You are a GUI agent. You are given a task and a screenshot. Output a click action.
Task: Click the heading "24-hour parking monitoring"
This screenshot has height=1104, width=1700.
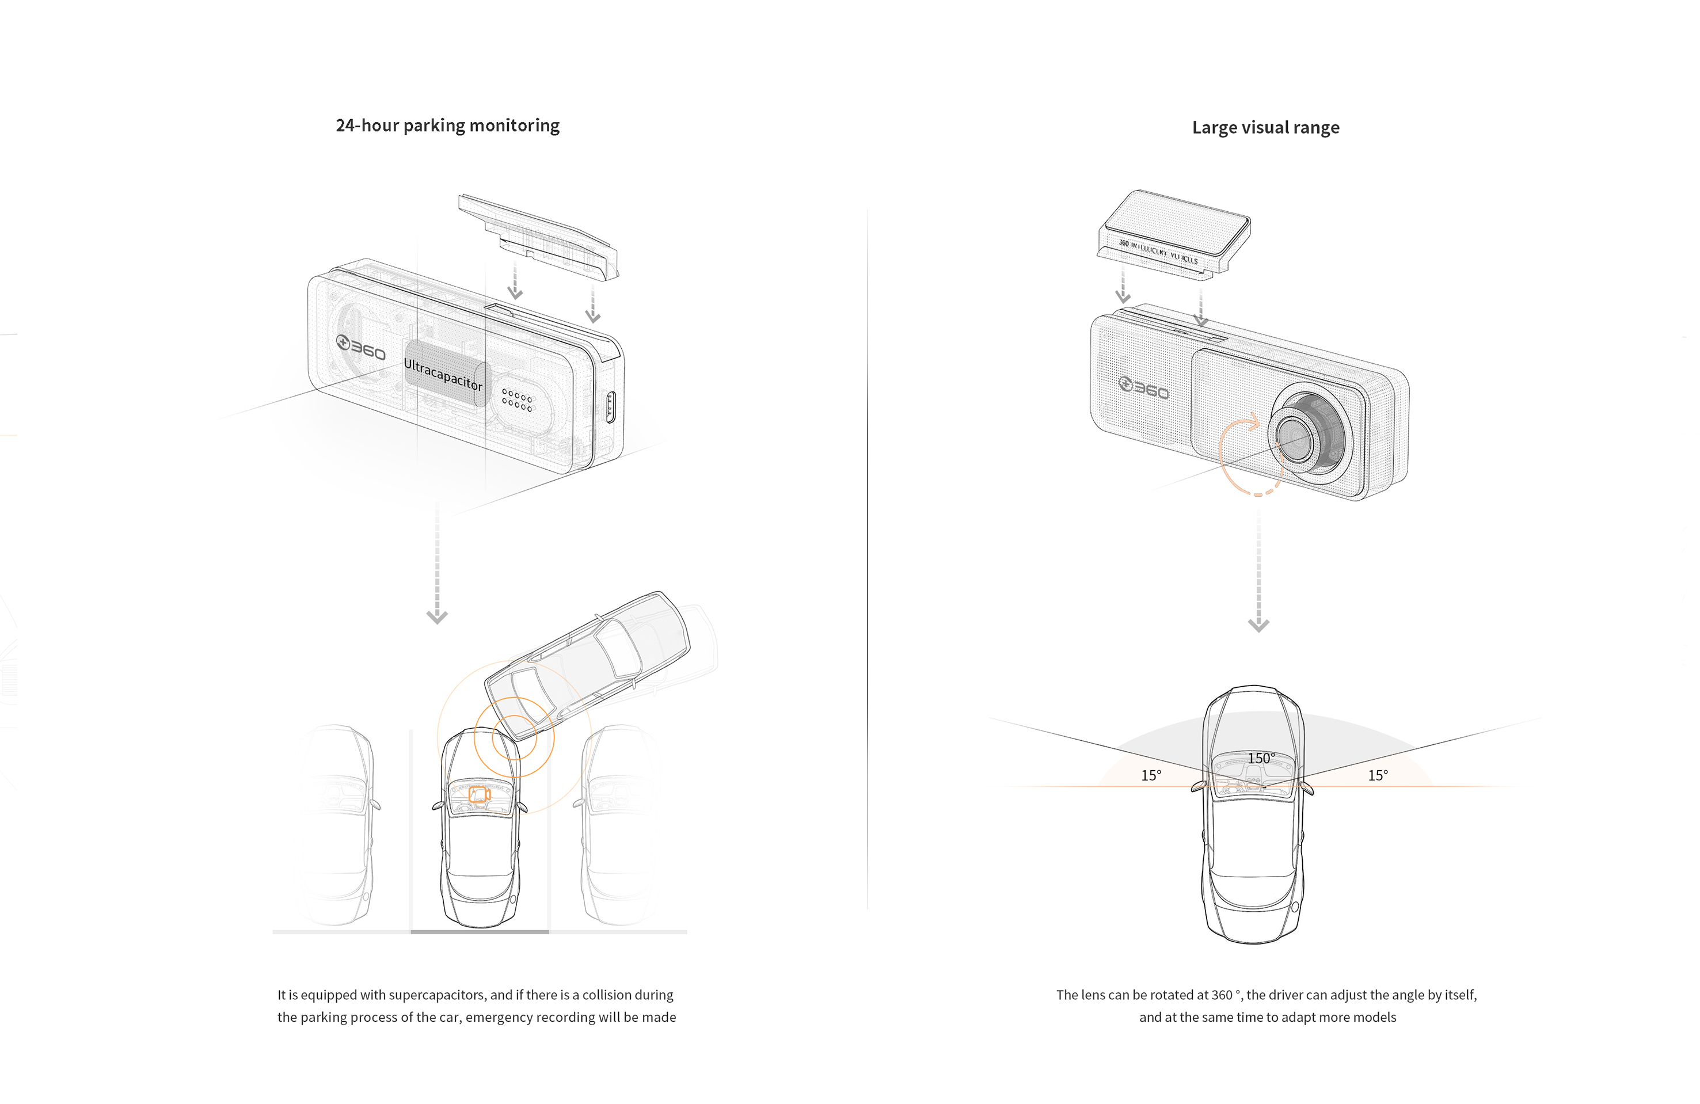[447, 125]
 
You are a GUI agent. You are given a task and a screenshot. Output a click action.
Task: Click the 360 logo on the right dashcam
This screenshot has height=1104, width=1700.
[1143, 389]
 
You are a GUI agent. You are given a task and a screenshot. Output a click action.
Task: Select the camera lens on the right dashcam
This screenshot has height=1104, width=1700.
[1294, 436]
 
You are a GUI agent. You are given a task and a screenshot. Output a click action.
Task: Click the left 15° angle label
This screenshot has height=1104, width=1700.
[1151, 775]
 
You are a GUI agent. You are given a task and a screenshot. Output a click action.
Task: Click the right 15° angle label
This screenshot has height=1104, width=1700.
[1378, 775]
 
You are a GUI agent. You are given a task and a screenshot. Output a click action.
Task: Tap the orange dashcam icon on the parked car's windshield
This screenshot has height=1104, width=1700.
[478, 794]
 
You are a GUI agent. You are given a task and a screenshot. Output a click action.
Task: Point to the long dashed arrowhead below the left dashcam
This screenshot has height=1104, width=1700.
[436, 616]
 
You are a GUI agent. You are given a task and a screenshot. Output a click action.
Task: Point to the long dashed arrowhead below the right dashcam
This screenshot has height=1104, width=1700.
[1258, 625]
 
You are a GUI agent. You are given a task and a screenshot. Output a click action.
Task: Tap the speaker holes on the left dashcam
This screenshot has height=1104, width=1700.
[516, 400]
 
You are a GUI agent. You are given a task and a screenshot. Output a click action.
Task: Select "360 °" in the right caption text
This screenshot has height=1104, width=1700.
[1226, 995]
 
